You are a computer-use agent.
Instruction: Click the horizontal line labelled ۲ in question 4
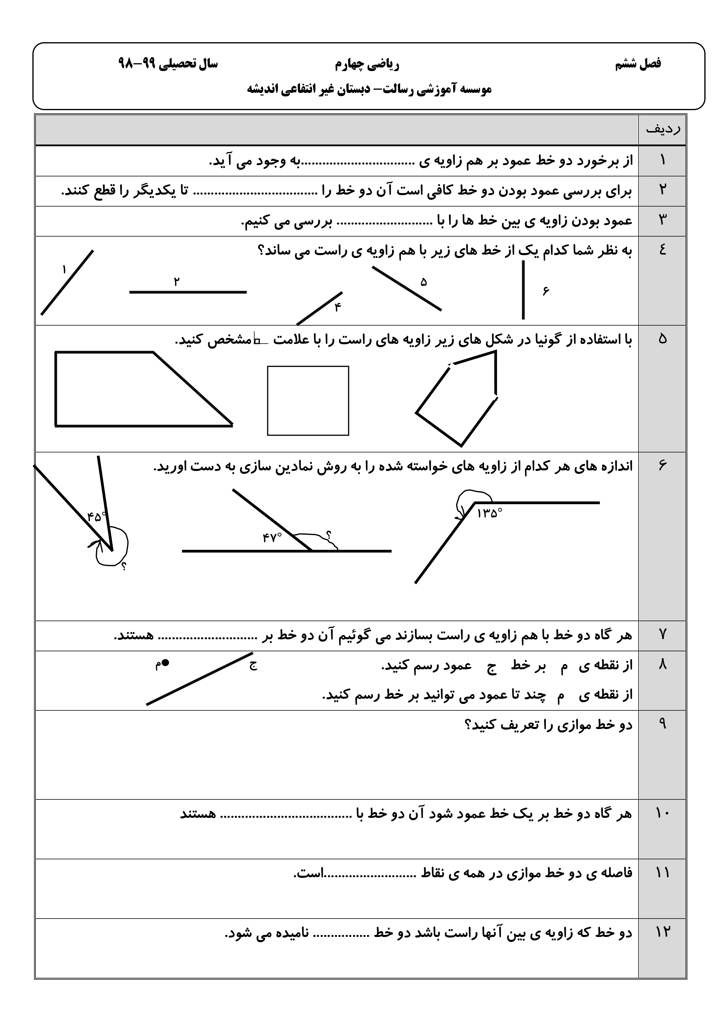coord(188,292)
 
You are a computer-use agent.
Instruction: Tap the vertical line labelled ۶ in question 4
coord(523,290)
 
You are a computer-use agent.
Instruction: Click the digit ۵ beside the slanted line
coord(423,282)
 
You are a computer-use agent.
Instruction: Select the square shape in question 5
coord(308,400)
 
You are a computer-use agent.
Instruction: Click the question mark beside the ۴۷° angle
coord(329,535)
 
